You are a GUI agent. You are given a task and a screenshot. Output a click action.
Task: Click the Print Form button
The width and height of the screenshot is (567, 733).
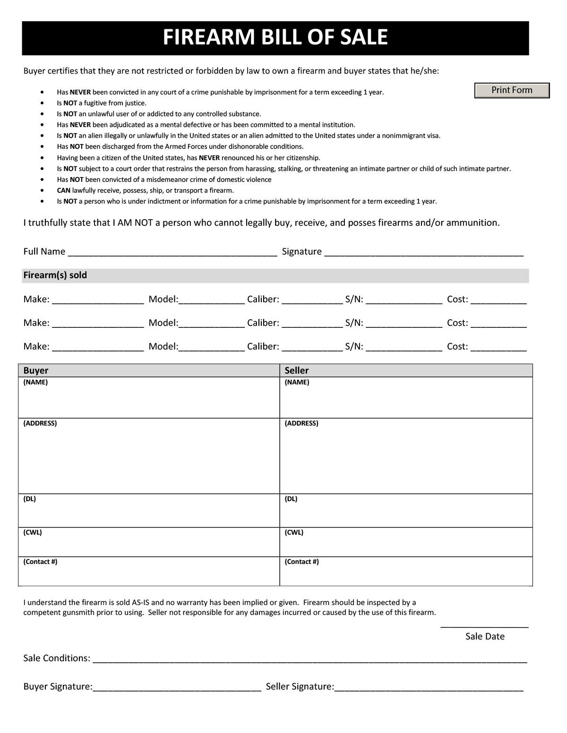(512, 90)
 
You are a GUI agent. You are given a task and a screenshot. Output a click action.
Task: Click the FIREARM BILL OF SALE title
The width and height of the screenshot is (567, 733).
(275, 37)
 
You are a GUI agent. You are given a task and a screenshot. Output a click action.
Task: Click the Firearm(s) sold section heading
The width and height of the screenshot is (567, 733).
(55, 275)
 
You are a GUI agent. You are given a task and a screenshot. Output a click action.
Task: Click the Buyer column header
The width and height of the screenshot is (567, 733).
(36, 371)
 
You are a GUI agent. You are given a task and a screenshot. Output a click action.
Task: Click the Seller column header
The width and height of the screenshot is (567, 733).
(297, 371)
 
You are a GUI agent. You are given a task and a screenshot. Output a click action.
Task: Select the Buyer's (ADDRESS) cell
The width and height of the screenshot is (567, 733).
(149, 456)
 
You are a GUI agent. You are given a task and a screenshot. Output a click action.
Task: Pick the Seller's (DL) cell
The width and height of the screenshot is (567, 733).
(406, 510)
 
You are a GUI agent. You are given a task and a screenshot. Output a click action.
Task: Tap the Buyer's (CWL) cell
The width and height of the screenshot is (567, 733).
(149, 542)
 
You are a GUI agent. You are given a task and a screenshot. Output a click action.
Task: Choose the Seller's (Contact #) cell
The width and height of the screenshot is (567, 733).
(406, 571)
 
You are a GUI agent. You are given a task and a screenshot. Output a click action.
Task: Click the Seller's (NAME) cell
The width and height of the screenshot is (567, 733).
(406, 397)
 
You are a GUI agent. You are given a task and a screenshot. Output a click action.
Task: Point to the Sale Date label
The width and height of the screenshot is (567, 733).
(485, 637)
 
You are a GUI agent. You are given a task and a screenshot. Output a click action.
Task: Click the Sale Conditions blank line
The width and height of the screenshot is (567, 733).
(309, 659)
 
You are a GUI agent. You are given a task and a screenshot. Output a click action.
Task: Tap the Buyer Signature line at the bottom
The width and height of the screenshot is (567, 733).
(177, 688)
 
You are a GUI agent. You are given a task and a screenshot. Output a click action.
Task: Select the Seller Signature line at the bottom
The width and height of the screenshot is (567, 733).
(429, 688)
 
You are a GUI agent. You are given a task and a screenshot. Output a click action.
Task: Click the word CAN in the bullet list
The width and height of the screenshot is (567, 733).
(63, 190)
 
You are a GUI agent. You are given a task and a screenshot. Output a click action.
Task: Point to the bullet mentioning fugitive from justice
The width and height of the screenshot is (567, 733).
(102, 103)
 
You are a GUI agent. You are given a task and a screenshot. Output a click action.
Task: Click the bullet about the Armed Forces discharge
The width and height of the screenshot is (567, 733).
(180, 146)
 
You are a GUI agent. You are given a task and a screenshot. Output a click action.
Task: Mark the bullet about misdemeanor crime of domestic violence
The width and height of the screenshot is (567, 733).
(164, 179)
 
